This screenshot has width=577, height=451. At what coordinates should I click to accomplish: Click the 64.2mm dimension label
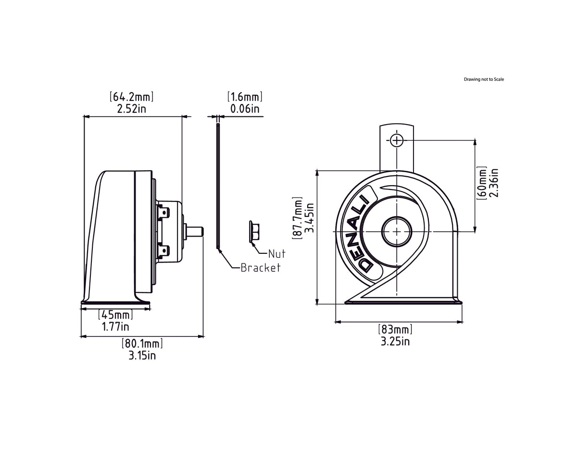tap(132, 97)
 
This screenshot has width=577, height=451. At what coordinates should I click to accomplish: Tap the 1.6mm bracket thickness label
tap(245, 97)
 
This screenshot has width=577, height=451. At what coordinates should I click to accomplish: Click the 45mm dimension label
tap(116, 315)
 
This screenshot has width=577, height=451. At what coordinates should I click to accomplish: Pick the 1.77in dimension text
tap(116, 327)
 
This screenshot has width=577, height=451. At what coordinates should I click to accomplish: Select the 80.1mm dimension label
tap(142, 344)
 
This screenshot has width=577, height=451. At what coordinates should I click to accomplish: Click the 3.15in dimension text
tap(142, 356)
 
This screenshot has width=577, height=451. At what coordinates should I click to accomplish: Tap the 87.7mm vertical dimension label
tap(297, 217)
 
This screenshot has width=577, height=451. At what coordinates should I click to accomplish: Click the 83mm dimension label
tap(395, 330)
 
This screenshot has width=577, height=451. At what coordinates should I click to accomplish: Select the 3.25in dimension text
tap(395, 341)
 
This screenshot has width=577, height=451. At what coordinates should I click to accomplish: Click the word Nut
tap(277, 253)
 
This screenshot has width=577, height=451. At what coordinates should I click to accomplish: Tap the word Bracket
tap(260, 268)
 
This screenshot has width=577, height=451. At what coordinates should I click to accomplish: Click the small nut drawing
tap(254, 231)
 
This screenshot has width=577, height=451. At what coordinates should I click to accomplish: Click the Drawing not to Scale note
tap(484, 79)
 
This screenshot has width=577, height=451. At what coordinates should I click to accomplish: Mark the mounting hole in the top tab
tap(397, 140)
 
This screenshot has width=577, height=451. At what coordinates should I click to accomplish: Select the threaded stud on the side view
tap(195, 231)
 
